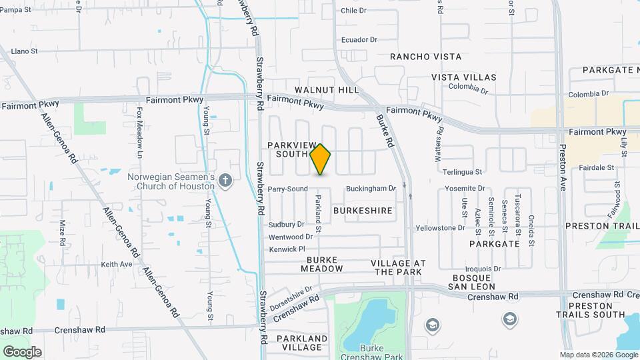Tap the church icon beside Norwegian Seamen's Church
pos(225,180)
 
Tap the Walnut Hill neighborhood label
pos(327,90)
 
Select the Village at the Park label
pos(397,267)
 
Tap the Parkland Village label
pos(305,343)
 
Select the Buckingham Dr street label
pos(370,189)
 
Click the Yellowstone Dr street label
pos(440,228)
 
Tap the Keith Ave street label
pos(117,265)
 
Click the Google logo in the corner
pos(22,351)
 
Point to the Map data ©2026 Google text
pos(597,355)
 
